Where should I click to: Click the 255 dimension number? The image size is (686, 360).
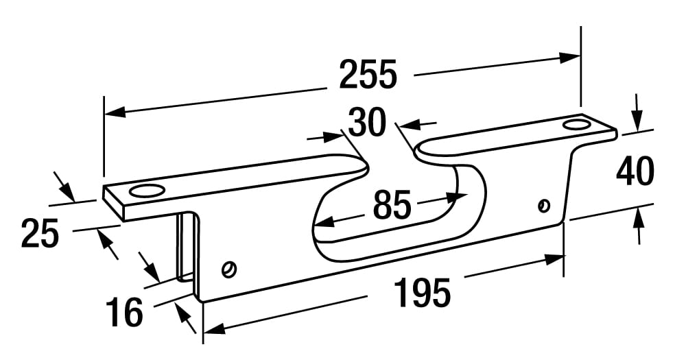click(x=368, y=75)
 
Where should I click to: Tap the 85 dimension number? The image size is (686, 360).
click(x=392, y=204)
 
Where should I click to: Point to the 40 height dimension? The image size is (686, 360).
click(x=635, y=172)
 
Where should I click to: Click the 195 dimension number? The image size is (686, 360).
click(x=422, y=293)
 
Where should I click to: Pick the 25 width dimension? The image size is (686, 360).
click(x=40, y=232)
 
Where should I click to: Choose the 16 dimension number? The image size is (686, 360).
click(x=124, y=312)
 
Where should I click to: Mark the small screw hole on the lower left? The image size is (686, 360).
click(x=228, y=269)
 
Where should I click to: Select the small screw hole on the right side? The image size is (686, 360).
click(x=544, y=204)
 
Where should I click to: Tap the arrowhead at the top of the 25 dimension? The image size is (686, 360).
click(x=65, y=189)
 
